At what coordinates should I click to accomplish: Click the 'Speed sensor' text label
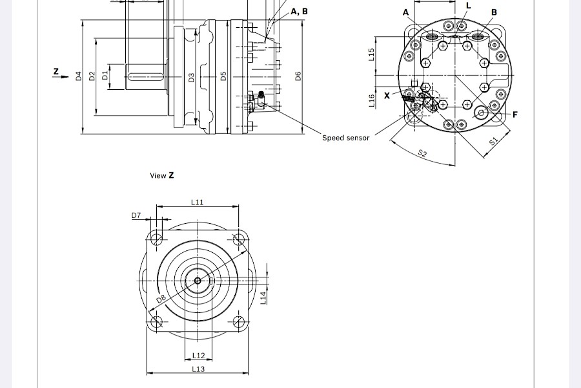point(346,138)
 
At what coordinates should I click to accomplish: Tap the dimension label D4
point(79,76)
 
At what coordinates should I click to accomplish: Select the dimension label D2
point(92,76)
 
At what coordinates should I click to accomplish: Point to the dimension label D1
point(105,76)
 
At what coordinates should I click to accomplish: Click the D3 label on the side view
point(191,78)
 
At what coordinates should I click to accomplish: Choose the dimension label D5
point(223,76)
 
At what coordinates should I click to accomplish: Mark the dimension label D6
point(298,76)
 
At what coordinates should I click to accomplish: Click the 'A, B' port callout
point(300,12)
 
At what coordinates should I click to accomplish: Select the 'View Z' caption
point(162,175)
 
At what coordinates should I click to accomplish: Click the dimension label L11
point(198,202)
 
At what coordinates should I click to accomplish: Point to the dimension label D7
point(136,215)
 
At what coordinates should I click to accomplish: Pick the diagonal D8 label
point(161,298)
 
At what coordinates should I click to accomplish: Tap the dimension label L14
point(263,297)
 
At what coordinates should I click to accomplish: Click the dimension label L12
point(199,356)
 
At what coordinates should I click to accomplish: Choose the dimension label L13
point(199,369)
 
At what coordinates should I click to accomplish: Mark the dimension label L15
point(371,54)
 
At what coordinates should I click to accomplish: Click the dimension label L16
point(371,100)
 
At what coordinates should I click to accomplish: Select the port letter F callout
point(515,114)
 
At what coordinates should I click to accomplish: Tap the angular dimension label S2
point(422,153)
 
